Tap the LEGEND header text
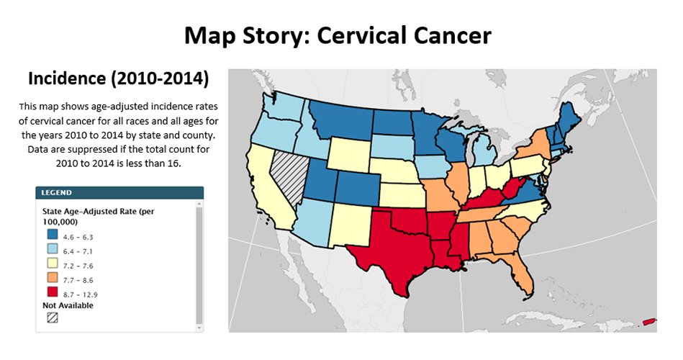click(57, 193)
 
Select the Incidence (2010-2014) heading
click(117, 77)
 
